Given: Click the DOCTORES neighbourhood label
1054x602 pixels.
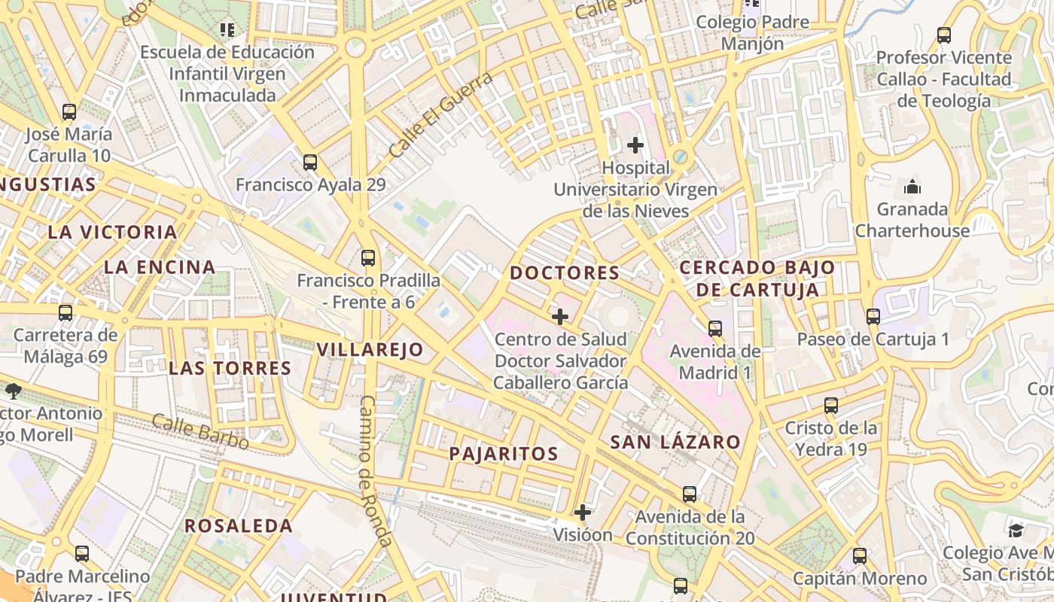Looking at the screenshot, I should click(x=565, y=272).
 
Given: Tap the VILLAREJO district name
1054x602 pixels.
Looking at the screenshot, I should click(x=370, y=349).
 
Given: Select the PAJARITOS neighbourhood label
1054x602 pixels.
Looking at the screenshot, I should click(x=504, y=454).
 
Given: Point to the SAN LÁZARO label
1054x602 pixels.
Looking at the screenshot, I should click(x=675, y=442).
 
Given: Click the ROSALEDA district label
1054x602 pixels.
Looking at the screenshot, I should click(x=239, y=526).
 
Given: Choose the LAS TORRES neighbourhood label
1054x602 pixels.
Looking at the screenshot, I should click(x=230, y=368).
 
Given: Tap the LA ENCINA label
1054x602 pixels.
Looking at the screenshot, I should click(x=160, y=267).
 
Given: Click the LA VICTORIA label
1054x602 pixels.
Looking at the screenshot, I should click(x=112, y=232).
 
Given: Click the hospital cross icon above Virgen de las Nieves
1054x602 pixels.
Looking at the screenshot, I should click(x=635, y=144).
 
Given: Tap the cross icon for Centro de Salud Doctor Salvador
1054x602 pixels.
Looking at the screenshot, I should click(x=560, y=317).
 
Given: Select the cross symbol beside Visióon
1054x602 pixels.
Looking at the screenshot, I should click(x=582, y=513).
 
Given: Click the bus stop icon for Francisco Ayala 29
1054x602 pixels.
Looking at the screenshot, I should click(x=309, y=162).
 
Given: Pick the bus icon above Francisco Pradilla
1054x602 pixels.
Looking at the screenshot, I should click(x=368, y=258).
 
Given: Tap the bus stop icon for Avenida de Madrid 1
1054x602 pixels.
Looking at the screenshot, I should click(x=715, y=328).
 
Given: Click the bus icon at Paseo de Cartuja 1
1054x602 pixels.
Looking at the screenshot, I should click(x=873, y=316).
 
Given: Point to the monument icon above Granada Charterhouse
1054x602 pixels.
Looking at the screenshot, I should click(x=912, y=187).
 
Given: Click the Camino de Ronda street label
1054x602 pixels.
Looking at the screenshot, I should click(x=375, y=471).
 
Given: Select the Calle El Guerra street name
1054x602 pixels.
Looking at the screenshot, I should click(x=441, y=114).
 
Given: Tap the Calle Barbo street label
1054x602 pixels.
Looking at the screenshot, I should click(x=200, y=432).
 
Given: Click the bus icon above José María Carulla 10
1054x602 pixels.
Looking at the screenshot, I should click(x=69, y=112).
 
